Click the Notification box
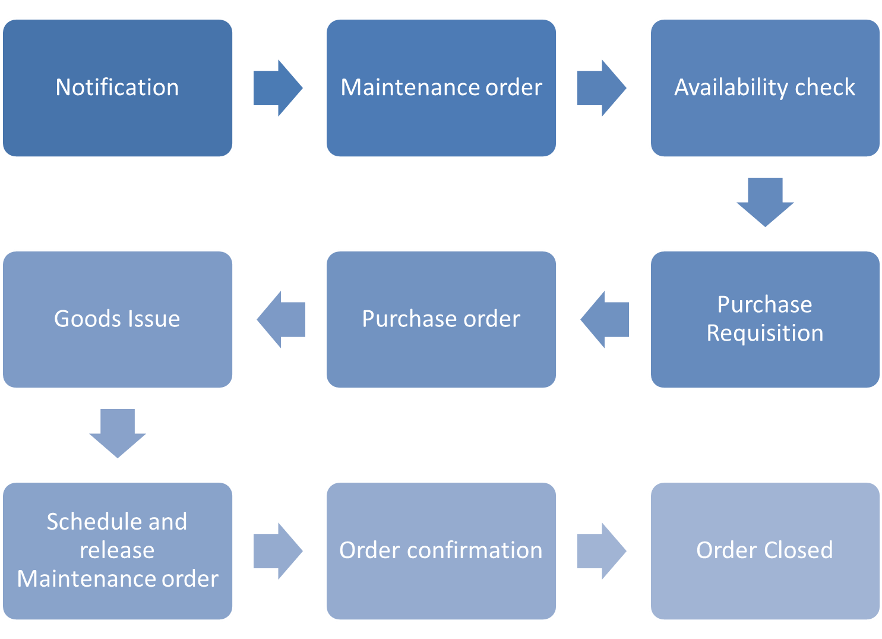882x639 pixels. (118, 88)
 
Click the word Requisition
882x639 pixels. (765, 333)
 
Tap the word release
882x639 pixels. (118, 550)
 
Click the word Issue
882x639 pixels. (153, 319)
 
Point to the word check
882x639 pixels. (825, 88)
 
